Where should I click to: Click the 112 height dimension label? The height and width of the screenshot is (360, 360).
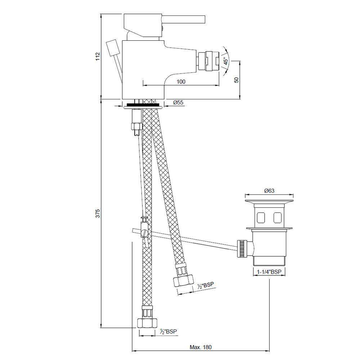pos(98,56)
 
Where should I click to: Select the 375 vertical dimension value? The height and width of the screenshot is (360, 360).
pos(98,213)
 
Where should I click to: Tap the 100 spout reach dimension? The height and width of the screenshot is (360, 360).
pos(181,81)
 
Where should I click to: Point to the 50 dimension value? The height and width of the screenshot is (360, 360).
pos(237,80)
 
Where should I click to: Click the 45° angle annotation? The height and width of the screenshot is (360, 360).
pos(226,61)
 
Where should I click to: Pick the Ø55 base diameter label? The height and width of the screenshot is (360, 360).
pos(179,102)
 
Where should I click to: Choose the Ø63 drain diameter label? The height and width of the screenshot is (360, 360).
pos(269,190)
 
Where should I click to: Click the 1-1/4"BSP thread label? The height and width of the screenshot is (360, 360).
pos(269,272)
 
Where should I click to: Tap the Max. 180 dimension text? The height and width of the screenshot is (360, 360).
pos(201,347)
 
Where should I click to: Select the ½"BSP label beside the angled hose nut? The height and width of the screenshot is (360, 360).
pos(206,285)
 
